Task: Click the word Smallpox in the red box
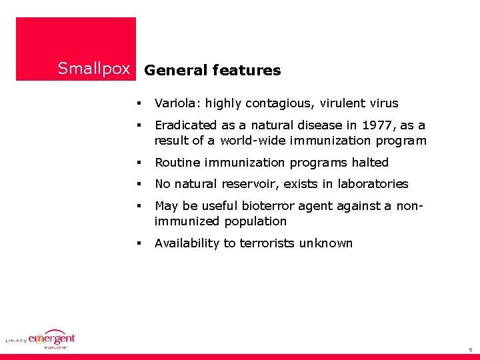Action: click(93, 69)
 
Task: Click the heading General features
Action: click(212, 70)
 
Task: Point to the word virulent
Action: click(343, 103)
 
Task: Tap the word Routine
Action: click(177, 163)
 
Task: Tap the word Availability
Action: click(187, 243)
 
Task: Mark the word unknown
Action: click(326, 243)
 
